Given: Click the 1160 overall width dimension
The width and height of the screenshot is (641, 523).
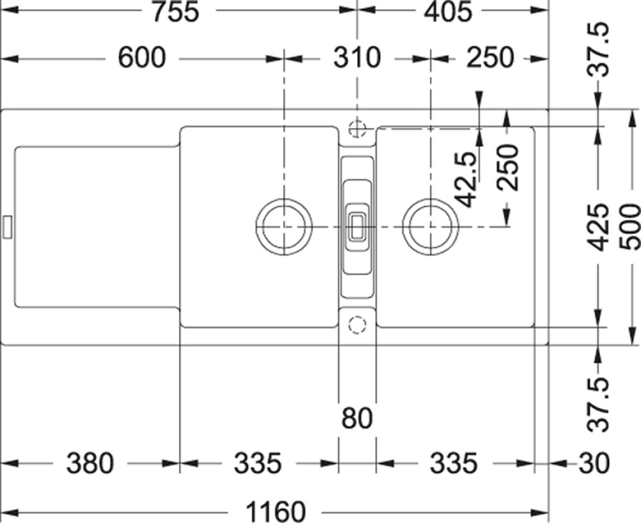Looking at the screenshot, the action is pos(275,511).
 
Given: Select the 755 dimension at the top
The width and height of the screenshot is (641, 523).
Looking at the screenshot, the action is pos(176,12).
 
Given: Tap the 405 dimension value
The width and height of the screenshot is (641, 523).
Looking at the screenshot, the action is pos(448,12).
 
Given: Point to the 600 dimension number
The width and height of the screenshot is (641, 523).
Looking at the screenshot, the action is pos(142,58).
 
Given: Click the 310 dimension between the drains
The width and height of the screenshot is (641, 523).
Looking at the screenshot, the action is pos(357,58).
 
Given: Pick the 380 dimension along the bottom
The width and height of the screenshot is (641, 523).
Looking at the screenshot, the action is pos(90,463).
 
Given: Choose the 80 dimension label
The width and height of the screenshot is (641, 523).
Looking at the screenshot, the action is pos(357,418).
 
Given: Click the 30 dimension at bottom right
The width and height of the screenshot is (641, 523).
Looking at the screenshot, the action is pos(594,463).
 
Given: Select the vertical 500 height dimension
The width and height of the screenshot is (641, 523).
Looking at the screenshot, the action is pos(629,228).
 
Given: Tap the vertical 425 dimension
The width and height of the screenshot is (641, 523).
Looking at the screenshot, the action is pos(597,228).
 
